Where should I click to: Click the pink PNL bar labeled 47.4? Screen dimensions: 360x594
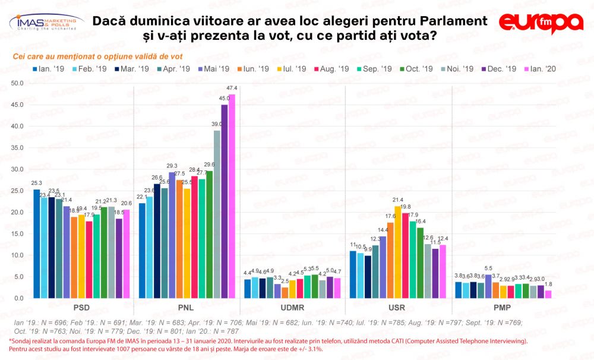tap(232, 196)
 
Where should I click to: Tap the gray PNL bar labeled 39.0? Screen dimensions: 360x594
tap(217, 214)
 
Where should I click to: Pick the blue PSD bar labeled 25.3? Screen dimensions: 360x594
tap(37, 244)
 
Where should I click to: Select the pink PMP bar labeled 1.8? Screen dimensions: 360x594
tap(548, 294)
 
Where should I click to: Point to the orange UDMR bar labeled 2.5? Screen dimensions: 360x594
tap(285, 293)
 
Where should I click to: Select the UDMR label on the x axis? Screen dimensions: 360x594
tap(292, 308)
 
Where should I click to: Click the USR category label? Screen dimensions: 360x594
tap(398, 308)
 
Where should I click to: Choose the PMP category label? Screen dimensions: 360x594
tap(504, 308)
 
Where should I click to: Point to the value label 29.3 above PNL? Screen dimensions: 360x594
tap(172, 166)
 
